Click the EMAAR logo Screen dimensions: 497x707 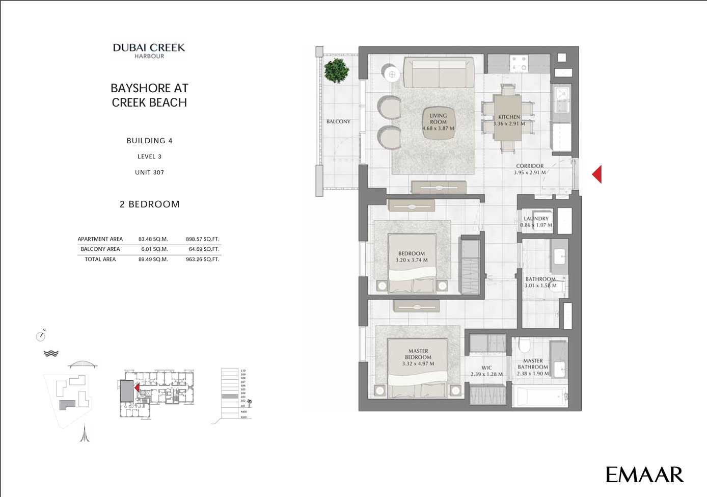tap(644, 474)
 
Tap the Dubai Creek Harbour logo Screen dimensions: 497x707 tap(149, 50)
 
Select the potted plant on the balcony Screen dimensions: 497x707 tap(336, 70)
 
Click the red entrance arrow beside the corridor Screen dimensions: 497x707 tap(597, 174)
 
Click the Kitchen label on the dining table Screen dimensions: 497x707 tap(509, 117)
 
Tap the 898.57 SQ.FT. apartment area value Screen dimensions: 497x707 tap(202, 239)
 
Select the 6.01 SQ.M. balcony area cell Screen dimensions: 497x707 tap(153, 249)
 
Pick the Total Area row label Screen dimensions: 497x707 tap(100, 259)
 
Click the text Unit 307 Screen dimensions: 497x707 tap(149, 172)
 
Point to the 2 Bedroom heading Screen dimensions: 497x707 tap(149, 204)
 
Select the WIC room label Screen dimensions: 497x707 tap(487, 368)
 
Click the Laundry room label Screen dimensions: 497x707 tap(536, 219)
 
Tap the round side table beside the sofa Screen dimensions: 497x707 tap(392, 74)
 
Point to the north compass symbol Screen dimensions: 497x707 tap(41, 336)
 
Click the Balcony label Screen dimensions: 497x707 tap(338, 121)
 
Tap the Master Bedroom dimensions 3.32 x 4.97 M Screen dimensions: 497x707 tap(418, 364)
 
